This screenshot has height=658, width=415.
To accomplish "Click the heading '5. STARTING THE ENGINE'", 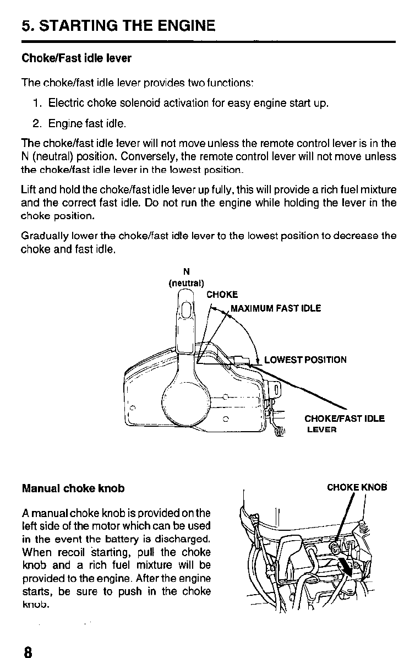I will click(118, 25).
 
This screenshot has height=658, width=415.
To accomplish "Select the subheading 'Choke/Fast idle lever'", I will click(77, 58).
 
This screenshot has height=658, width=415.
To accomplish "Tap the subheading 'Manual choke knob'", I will click(73, 488).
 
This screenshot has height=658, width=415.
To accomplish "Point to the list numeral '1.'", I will click(37, 103).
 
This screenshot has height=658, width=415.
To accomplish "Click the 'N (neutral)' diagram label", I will click(186, 278).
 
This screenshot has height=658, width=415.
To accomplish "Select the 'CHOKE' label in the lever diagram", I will click(222, 295).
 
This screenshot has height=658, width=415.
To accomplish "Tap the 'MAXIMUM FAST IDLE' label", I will click(275, 308).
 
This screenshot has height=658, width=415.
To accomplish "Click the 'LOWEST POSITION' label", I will click(305, 360).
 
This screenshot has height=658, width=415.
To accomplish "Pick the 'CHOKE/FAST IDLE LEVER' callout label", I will click(345, 423).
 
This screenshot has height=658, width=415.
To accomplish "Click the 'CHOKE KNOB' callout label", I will click(357, 487).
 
